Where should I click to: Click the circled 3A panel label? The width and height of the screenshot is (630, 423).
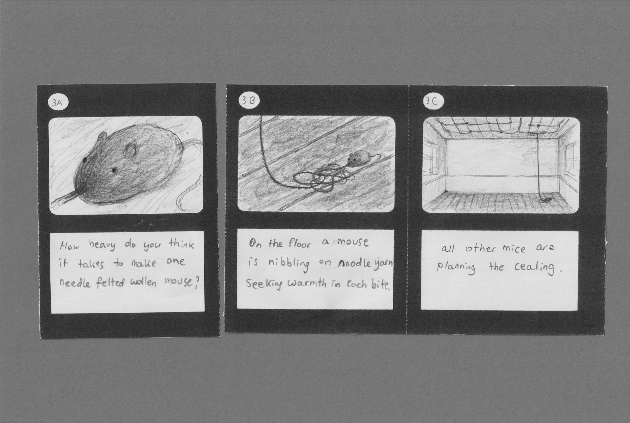coord(58,104)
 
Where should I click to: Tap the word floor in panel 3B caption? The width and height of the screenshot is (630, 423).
coord(300,244)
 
